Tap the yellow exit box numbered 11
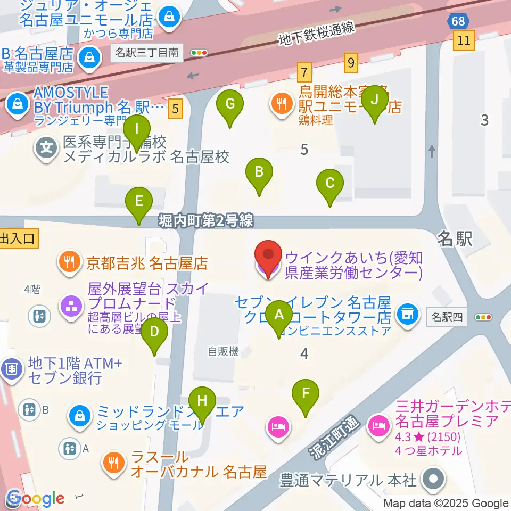(x=464, y=40)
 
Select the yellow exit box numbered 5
(x=177, y=109)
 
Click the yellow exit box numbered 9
(x=350, y=63)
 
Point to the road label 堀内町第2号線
(x=205, y=220)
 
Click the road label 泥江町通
(x=334, y=435)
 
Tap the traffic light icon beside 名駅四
(x=483, y=317)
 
